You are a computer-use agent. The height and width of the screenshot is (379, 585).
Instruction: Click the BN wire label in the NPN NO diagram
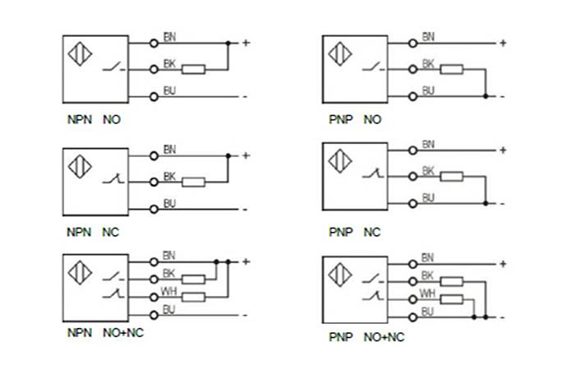coord(169,36)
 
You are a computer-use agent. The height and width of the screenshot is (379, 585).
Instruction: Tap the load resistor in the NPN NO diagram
coord(193,69)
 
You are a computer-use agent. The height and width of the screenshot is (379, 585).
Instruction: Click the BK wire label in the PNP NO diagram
coord(428,63)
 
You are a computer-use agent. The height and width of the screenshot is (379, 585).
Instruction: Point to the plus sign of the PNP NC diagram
coord(502,150)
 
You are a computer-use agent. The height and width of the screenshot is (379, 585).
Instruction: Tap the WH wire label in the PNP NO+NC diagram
coord(427,292)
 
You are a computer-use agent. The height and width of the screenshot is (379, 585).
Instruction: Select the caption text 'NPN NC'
coord(93,232)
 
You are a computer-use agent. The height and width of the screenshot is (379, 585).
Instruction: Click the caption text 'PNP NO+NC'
coord(366,337)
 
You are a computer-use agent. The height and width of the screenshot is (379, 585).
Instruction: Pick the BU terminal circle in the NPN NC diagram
coord(154,209)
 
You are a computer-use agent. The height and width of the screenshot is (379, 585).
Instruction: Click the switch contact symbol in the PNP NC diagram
coord(374,173)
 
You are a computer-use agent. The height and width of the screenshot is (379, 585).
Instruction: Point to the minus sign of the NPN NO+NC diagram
coord(245,315)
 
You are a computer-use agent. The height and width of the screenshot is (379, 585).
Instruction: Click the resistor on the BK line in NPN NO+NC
coord(193,279)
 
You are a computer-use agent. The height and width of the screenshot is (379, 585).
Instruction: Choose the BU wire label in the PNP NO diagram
coord(428,90)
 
